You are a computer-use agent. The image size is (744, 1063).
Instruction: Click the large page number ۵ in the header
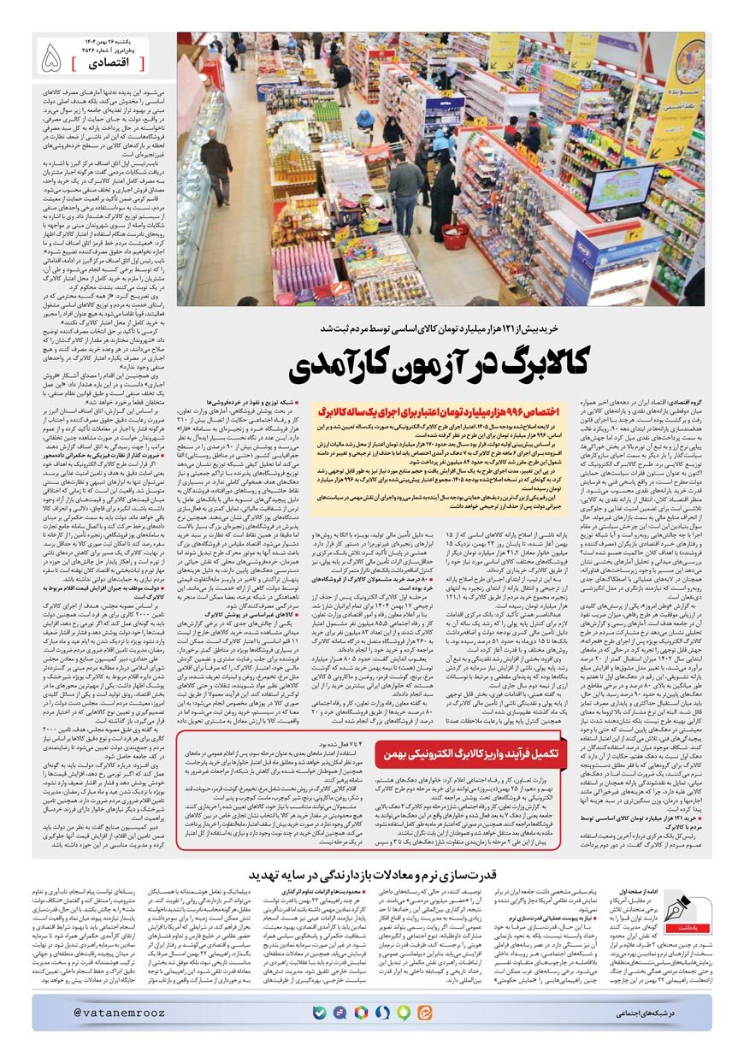[x=52, y=58]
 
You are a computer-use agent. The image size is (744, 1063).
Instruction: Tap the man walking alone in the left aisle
[x=216, y=162]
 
